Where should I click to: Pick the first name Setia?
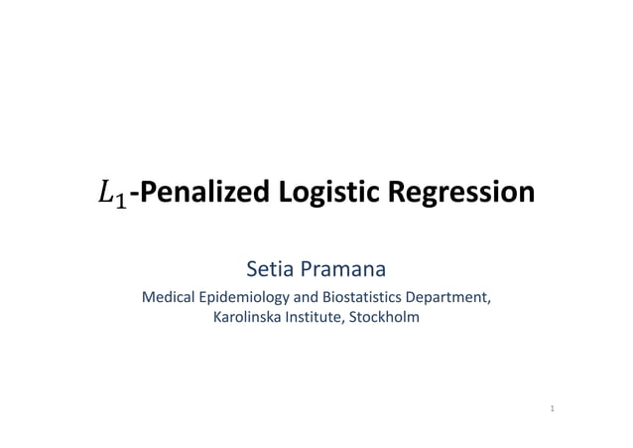(x=268, y=268)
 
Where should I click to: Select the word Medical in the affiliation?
(x=169, y=297)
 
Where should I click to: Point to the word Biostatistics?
(x=363, y=297)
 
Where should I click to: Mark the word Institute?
(x=312, y=318)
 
